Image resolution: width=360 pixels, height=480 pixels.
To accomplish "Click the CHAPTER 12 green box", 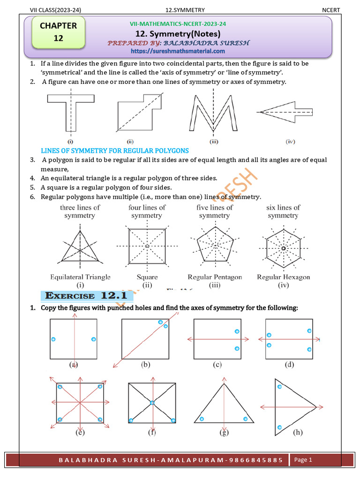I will pos(58,32).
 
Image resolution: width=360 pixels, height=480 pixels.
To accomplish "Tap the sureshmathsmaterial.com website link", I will pos(178,51).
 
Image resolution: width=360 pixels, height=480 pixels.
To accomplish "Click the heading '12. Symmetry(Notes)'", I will pos(178,34).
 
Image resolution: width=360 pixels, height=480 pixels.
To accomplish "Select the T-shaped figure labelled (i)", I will pos(70,112).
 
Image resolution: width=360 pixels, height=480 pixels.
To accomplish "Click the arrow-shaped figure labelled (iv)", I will pos(285,112).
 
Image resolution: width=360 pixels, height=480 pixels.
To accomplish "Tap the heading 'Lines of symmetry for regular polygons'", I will pos(115,150).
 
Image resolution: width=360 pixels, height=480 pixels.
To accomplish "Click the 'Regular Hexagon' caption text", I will pos(283,277).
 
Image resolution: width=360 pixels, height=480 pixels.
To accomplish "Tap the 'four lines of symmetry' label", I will pos(147,211).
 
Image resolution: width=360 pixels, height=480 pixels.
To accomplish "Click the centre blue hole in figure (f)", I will pos(152,403).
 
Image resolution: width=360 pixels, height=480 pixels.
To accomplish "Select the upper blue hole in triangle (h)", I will pos(280,386).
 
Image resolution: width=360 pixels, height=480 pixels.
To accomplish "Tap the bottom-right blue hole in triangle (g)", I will pos(245,419).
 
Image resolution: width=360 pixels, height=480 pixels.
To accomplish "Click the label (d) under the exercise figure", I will pos(289,364).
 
